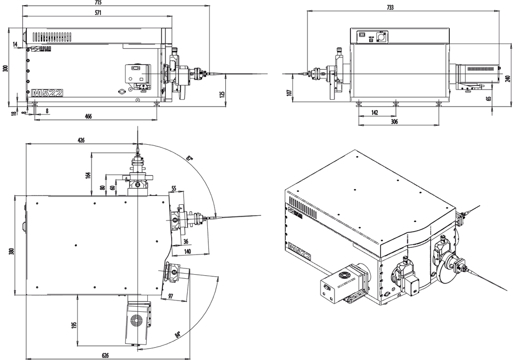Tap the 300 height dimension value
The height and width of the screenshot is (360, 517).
click(6, 69)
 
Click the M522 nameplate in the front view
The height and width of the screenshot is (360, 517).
click(47, 93)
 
